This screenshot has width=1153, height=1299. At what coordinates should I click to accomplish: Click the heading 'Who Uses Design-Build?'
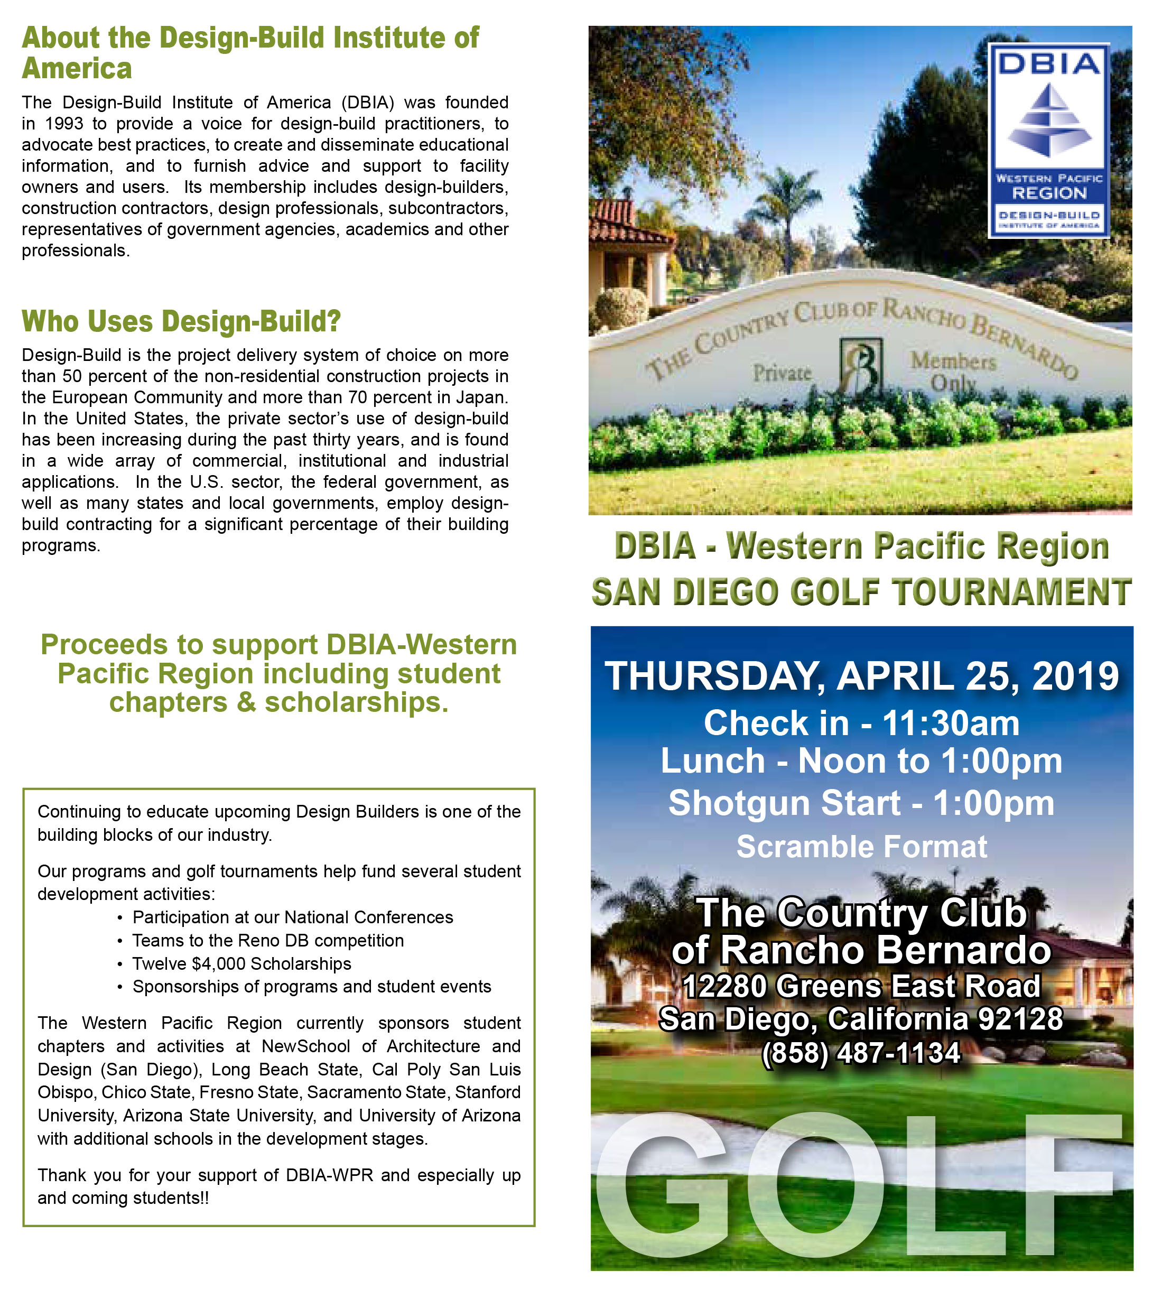click(x=181, y=321)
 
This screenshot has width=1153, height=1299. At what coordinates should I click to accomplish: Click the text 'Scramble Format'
click(x=861, y=847)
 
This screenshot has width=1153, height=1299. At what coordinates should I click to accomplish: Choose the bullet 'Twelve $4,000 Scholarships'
click(x=241, y=963)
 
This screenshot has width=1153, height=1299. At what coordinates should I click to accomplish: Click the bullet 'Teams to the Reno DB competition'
click(x=267, y=941)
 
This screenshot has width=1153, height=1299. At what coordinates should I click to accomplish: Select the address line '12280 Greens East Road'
click(x=861, y=986)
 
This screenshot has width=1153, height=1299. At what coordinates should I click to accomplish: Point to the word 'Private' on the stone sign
click(x=782, y=373)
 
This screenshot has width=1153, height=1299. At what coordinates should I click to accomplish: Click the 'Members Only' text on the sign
click(x=953, y=371)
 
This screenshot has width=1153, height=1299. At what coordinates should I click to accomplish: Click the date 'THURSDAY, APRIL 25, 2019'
click(x=861, y=676)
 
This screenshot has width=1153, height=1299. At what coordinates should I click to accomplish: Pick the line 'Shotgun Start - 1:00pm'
click(x=861, y=803)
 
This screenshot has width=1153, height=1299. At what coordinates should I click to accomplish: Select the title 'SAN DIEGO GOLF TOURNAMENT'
click(x=861, y=592)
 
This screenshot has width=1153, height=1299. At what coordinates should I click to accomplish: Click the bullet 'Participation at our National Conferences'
click(x=292, y=917)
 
